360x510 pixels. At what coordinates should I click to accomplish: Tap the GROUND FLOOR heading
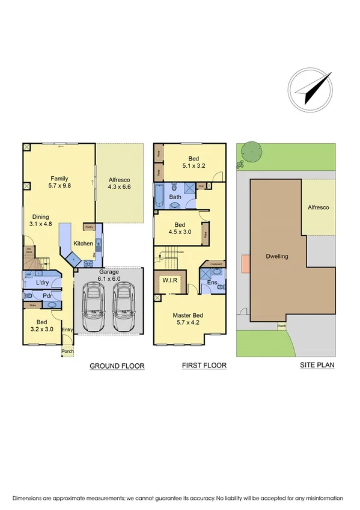click(117, 366)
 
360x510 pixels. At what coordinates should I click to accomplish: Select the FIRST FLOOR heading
click(204, 366)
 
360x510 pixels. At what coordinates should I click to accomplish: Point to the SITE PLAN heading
click(317, 365)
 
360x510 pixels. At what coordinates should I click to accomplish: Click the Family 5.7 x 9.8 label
click(59, 182)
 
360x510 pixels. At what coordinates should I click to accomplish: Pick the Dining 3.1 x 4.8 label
click(41, 221)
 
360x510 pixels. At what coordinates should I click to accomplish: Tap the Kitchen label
click(83, 243)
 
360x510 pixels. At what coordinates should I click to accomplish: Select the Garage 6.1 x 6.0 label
click(108, 275)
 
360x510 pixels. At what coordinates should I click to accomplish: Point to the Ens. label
click(212, 281)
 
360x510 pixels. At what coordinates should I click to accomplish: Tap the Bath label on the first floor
click(175, 197)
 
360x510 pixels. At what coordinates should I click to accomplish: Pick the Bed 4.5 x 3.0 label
click(178, 227)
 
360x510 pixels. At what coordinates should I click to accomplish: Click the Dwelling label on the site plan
click(277, 256)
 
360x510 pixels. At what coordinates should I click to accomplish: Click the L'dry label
click(42, 282)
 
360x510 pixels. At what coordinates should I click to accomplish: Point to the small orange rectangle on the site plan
click(245, 263)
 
